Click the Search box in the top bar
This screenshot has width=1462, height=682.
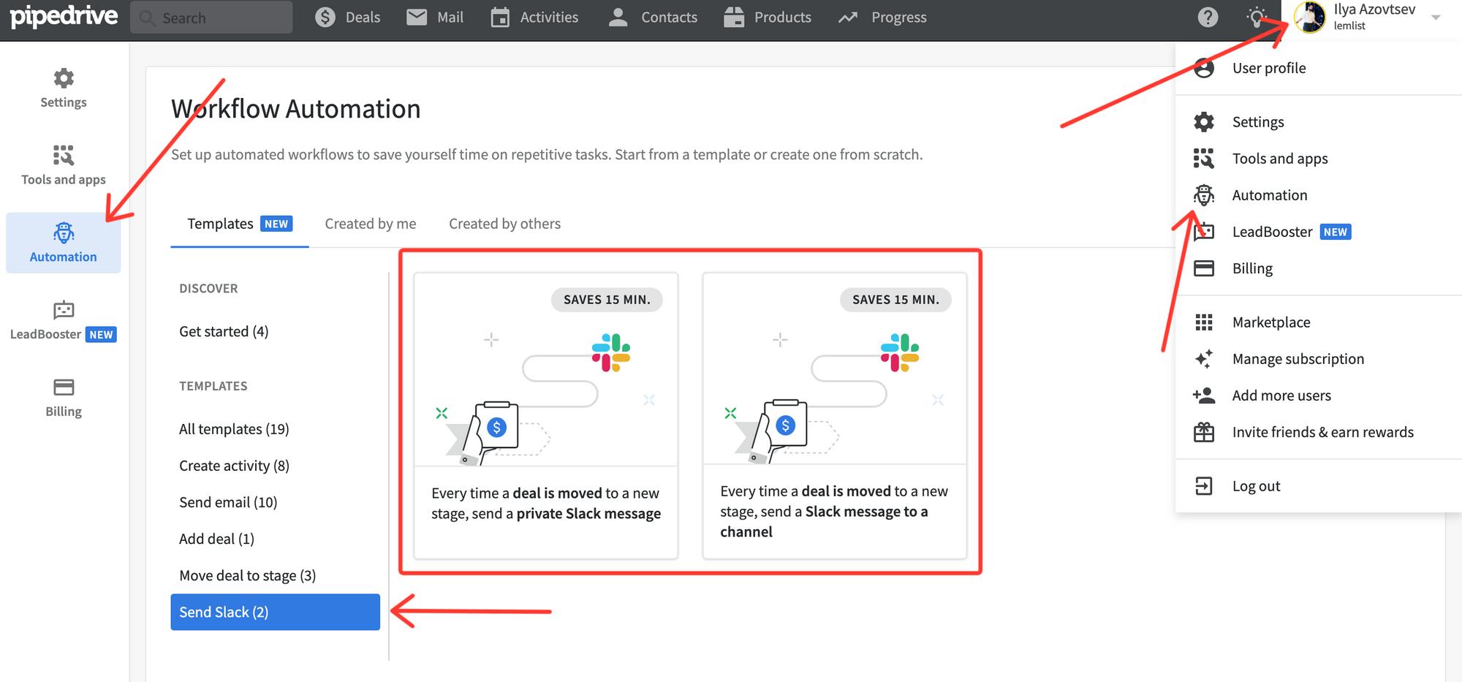point(212,18)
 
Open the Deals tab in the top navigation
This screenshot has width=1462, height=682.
point(348,18)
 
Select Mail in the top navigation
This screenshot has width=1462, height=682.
point(436,18)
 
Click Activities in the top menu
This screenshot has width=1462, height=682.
point(535,18)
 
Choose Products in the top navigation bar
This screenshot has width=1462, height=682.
point(768,18)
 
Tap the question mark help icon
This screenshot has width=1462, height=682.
point(1208,18)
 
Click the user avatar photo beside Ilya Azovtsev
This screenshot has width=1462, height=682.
point(1310,17)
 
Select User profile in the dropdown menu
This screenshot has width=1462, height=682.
point(1268,68)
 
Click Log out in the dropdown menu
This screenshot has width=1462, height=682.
point(1255,486)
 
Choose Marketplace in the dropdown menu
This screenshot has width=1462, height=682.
point(1270,322)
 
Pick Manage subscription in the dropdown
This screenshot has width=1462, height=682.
point(1298,359)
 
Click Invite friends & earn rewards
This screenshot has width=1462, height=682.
point(1322,432)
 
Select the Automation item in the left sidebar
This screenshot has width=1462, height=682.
point(64,243)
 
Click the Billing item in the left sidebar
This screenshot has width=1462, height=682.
point(64,398)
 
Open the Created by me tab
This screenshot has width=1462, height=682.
point(371,224)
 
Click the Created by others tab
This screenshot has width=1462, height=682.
point(504,224)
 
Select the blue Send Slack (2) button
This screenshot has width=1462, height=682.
point(275,612)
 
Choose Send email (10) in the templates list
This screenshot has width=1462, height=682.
point(228,502)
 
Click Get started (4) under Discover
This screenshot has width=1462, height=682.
point(224,332)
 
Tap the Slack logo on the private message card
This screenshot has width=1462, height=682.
point(611,352)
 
